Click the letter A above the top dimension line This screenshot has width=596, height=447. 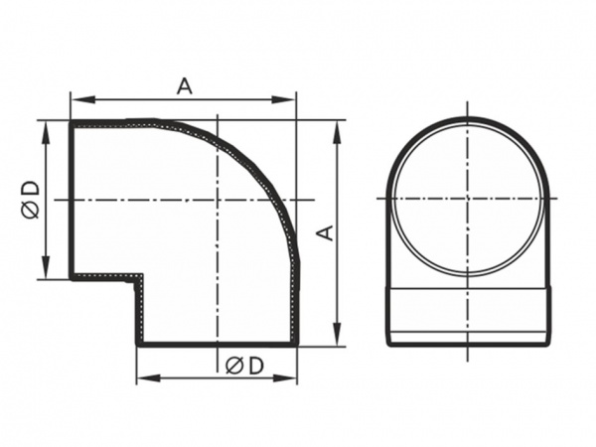(184, 86)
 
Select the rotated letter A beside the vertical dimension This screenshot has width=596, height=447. (323, 232)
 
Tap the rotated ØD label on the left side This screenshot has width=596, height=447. (29, 200)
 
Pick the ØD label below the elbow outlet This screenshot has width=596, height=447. (244, 366)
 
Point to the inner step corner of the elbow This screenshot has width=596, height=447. (139, 279)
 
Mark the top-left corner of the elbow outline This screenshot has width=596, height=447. (72, 122)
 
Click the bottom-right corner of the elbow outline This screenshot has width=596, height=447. (296, 344)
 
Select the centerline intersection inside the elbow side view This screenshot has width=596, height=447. (217, 200)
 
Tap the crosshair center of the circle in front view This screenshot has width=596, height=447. (467, 199)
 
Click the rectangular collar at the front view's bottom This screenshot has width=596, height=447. (467, 315)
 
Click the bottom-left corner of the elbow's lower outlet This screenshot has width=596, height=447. (138, 344)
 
